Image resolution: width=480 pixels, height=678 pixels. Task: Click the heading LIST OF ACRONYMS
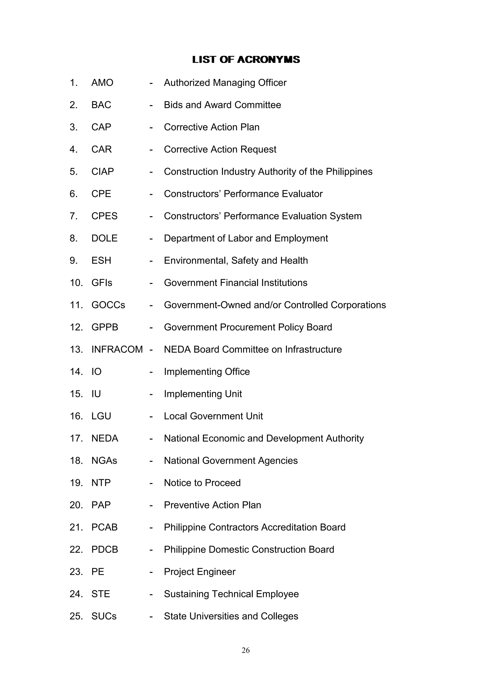coord(246,60)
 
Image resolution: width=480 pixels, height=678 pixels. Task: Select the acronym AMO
coord(102,83)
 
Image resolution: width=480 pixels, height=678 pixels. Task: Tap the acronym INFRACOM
coord(117,349)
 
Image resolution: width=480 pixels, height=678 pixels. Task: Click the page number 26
coord(246,650)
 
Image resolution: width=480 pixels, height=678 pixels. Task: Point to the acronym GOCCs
coord(108,305)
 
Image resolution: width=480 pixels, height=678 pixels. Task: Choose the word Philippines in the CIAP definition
coord(349,172)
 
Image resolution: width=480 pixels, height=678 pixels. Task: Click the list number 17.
coord(76,438)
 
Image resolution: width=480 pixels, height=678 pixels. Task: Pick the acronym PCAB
coord(104,527)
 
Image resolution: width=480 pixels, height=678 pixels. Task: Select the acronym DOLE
coord(104,238)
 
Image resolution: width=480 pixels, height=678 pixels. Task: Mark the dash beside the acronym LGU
coord(151,416)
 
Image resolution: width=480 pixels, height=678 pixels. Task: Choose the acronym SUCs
coord(104,616)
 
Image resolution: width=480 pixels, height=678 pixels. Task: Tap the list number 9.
coord(74,260)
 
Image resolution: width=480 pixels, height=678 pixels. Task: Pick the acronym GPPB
coord(105,327)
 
